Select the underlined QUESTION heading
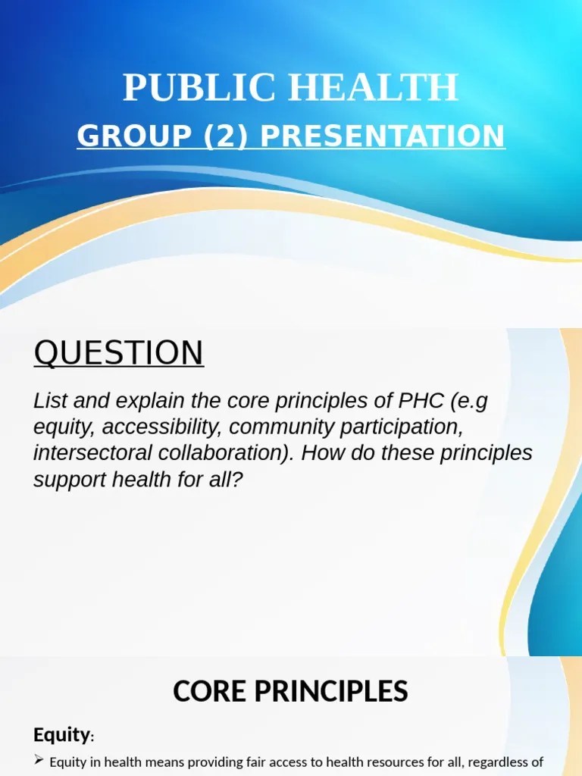click(x=118, y=353)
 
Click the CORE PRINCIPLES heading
click(x=290, y=691)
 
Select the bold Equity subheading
click(x=61, y=734)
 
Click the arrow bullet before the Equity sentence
click(x=39, y=762)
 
